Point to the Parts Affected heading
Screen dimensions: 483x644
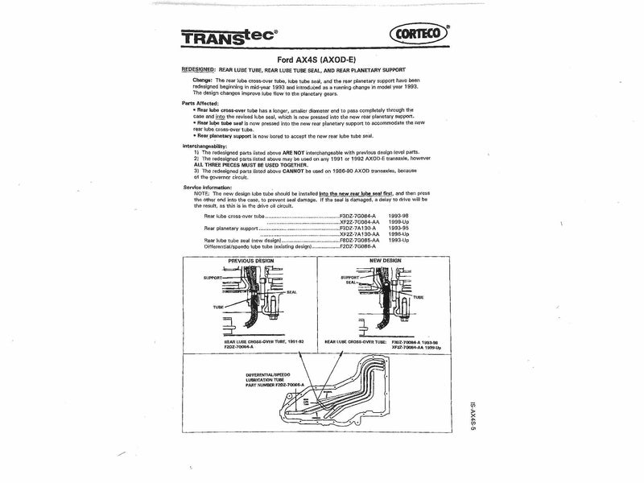[202, 102]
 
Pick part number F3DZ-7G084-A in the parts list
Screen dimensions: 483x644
[361, 217]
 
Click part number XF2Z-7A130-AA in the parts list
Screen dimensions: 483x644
[363, 234]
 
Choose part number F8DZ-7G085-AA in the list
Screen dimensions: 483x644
[363, 240]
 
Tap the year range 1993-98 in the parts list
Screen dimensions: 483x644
[400, 217]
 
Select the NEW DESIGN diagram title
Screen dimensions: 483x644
[385, 262]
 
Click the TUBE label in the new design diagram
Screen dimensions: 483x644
[417, 297]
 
